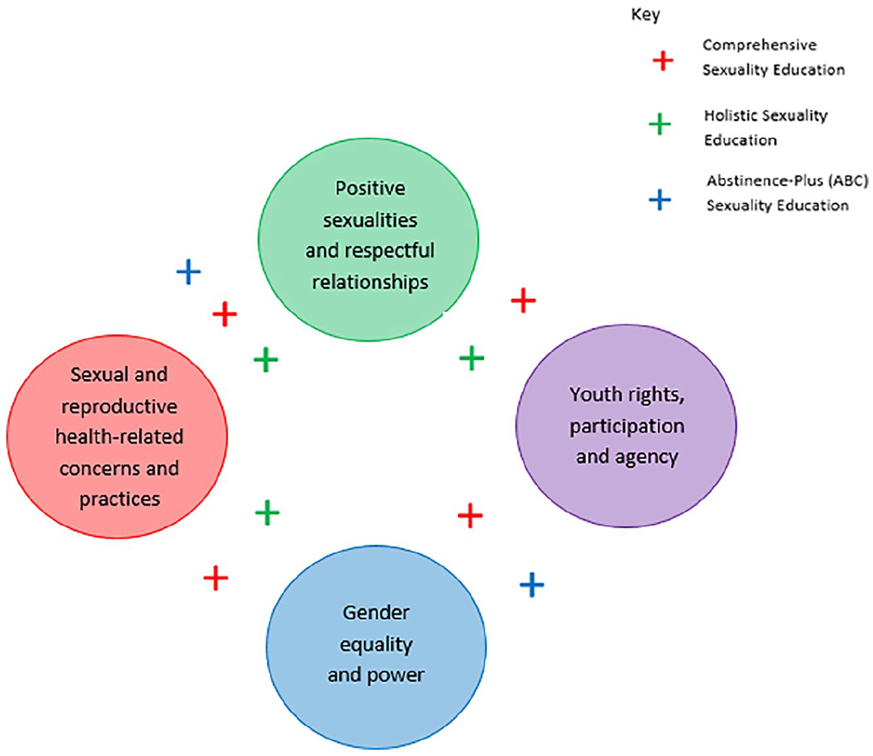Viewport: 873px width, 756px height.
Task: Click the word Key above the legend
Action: [645, 15]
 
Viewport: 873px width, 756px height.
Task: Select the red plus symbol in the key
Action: [663, 60]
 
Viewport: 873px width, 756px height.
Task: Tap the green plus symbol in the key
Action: [660, 124]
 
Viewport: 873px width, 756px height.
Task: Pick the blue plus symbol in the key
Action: [660, 200]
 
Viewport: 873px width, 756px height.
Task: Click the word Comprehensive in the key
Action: [759, 45]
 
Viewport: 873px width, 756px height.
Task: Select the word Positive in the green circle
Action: [371, 188]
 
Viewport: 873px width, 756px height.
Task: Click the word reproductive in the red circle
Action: [119, 407]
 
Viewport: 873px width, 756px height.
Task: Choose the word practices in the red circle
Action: [120, 499]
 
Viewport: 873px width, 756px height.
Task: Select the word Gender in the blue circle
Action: [376, 613]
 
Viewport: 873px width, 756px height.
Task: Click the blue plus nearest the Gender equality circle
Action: [532, 585]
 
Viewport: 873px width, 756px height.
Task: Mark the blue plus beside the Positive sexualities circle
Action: [189, 272]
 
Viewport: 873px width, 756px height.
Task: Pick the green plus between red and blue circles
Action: [267, 513]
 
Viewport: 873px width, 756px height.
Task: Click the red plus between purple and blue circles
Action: [470, 515]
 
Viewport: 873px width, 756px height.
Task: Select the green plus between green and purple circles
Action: [471, 358]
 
